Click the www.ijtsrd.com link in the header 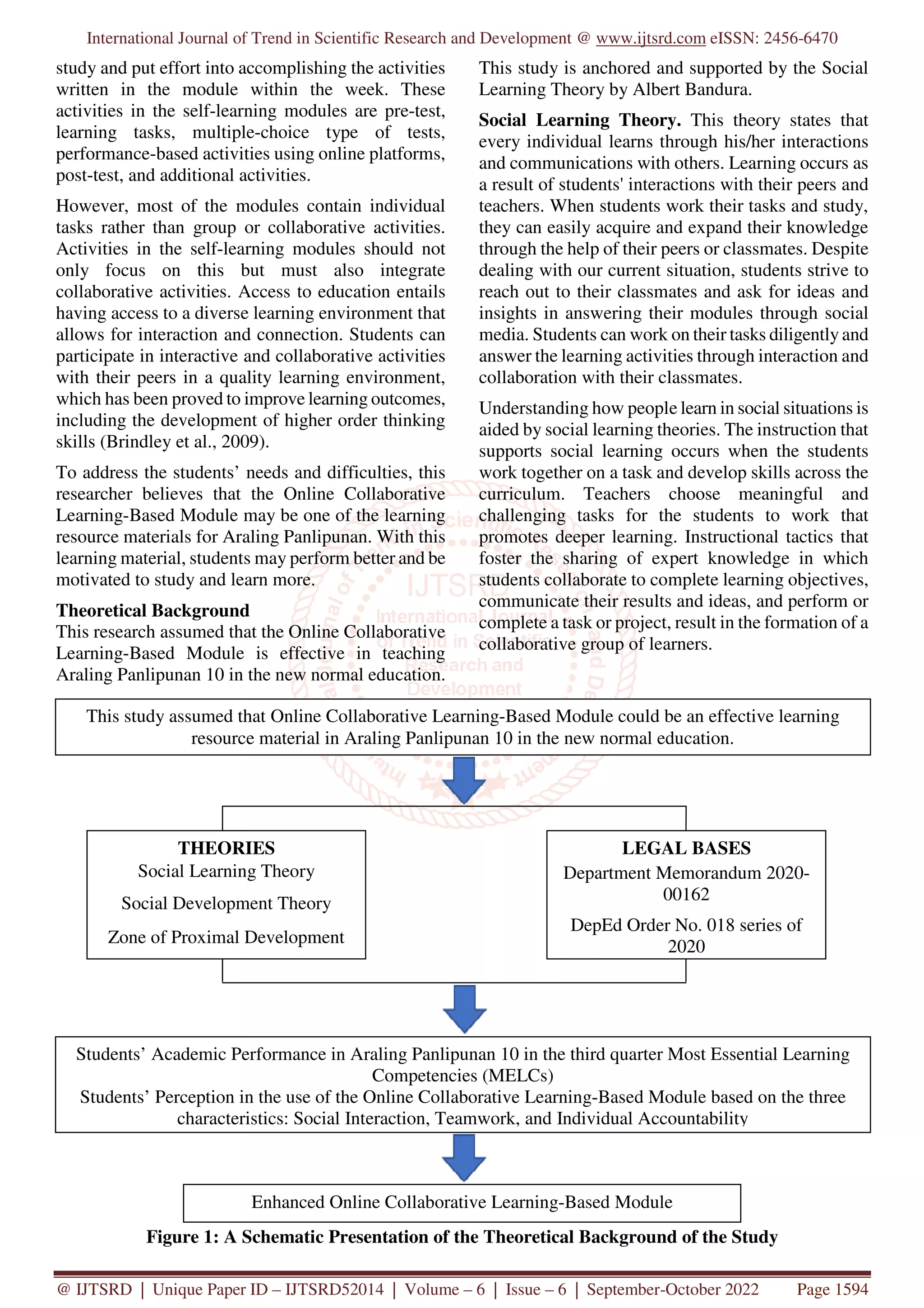click(x=650, y=38)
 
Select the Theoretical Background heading click(x=152, y=610)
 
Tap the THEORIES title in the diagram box click(x=226, y=848)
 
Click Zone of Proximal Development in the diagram click(x=226, y=937)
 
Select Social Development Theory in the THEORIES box click(x=226, y=904)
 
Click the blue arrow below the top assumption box click(x=464, y=780)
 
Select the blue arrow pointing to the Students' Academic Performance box click(x=464, y=1009)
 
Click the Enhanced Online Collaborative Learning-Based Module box click(x=462, y=1202)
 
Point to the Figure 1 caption click(x=462, y=1237)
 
